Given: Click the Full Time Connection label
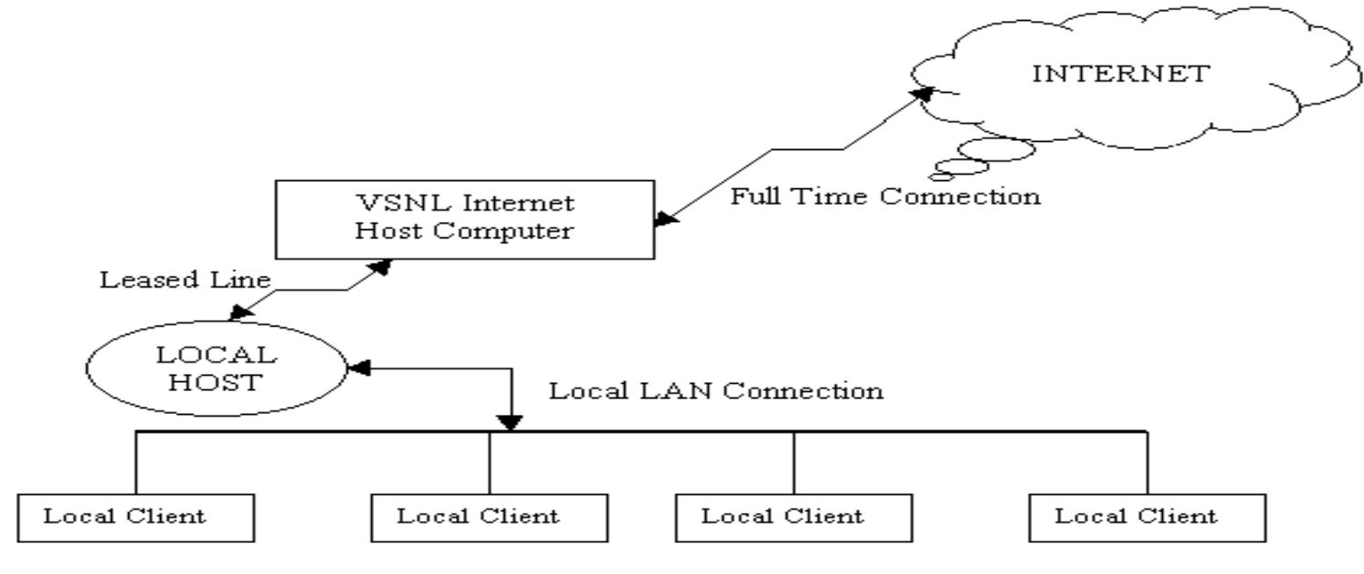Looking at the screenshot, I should pyautogui.click(x=885, y=196).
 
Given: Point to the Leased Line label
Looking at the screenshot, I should pyautogui.click(x=184, y=280).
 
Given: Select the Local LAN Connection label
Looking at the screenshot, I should pyautogui.click(x=715, y=391).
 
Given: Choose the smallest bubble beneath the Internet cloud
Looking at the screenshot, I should pyautogui.click(x=936, y=176).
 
